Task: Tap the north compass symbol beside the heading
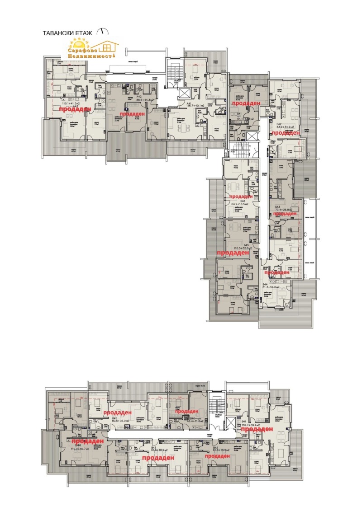pyautogui.click(x=105, y=32)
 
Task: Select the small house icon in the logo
pyautogui.click(x=108, y=46)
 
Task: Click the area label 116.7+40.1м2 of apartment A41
pyautogui.click(x=195, y=105)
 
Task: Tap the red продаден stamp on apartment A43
pyautogui.click(x=78, y=109)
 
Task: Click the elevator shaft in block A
pyautogui.click(x=184, y=94)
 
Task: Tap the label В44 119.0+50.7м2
pyautogui.click(x=78, y=447)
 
